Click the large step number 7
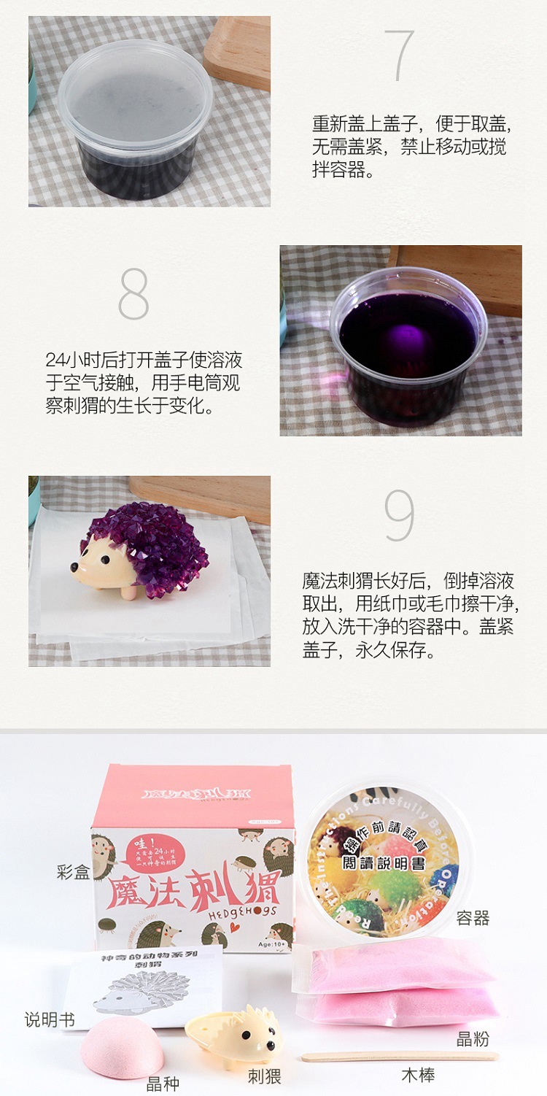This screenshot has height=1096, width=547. coord(403,56)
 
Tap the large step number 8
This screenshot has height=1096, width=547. coord(133,294)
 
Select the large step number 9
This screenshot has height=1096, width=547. coord(399,516)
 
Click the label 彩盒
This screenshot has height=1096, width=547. coord(73,871)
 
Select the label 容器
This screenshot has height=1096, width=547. coord(473,918)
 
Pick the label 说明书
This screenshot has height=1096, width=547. coord(50,1019)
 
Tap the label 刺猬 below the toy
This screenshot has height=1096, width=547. coord(264,1076)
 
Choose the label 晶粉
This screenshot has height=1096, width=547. coord(473,1039)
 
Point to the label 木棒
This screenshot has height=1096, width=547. coord(419,1074)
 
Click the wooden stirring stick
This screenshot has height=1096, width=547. coord(400,1056)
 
